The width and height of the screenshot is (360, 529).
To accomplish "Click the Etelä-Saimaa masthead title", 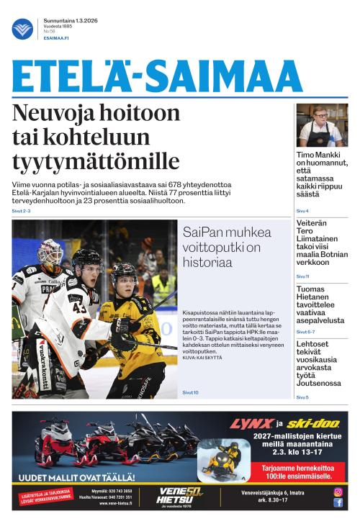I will (157, 76).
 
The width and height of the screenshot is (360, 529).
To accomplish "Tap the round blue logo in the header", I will (22, 29).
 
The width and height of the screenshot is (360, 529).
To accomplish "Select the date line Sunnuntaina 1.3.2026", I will (70, 21).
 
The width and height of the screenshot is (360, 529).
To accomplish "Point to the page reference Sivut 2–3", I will (21, 211).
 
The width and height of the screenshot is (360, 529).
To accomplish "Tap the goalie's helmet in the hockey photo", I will (50, 253).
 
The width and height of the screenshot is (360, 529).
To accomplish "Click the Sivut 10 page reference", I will (190, 392).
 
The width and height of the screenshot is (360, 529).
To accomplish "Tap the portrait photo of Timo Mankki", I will (322, 125).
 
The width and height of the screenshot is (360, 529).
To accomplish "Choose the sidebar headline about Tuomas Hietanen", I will (321, 304).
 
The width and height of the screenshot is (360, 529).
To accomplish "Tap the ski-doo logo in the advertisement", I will (310, 424).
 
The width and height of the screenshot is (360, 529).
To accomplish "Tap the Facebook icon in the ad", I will (338, 502).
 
